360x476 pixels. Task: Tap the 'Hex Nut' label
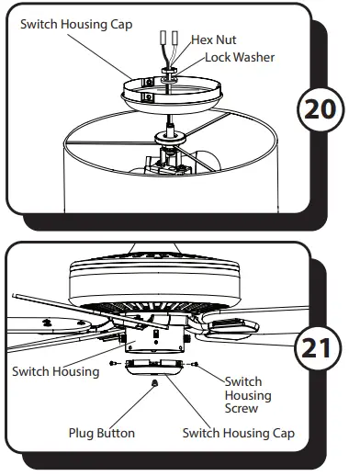[214, 40]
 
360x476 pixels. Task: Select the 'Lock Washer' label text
[240, 57]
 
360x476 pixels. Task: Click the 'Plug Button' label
[101, 432]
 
